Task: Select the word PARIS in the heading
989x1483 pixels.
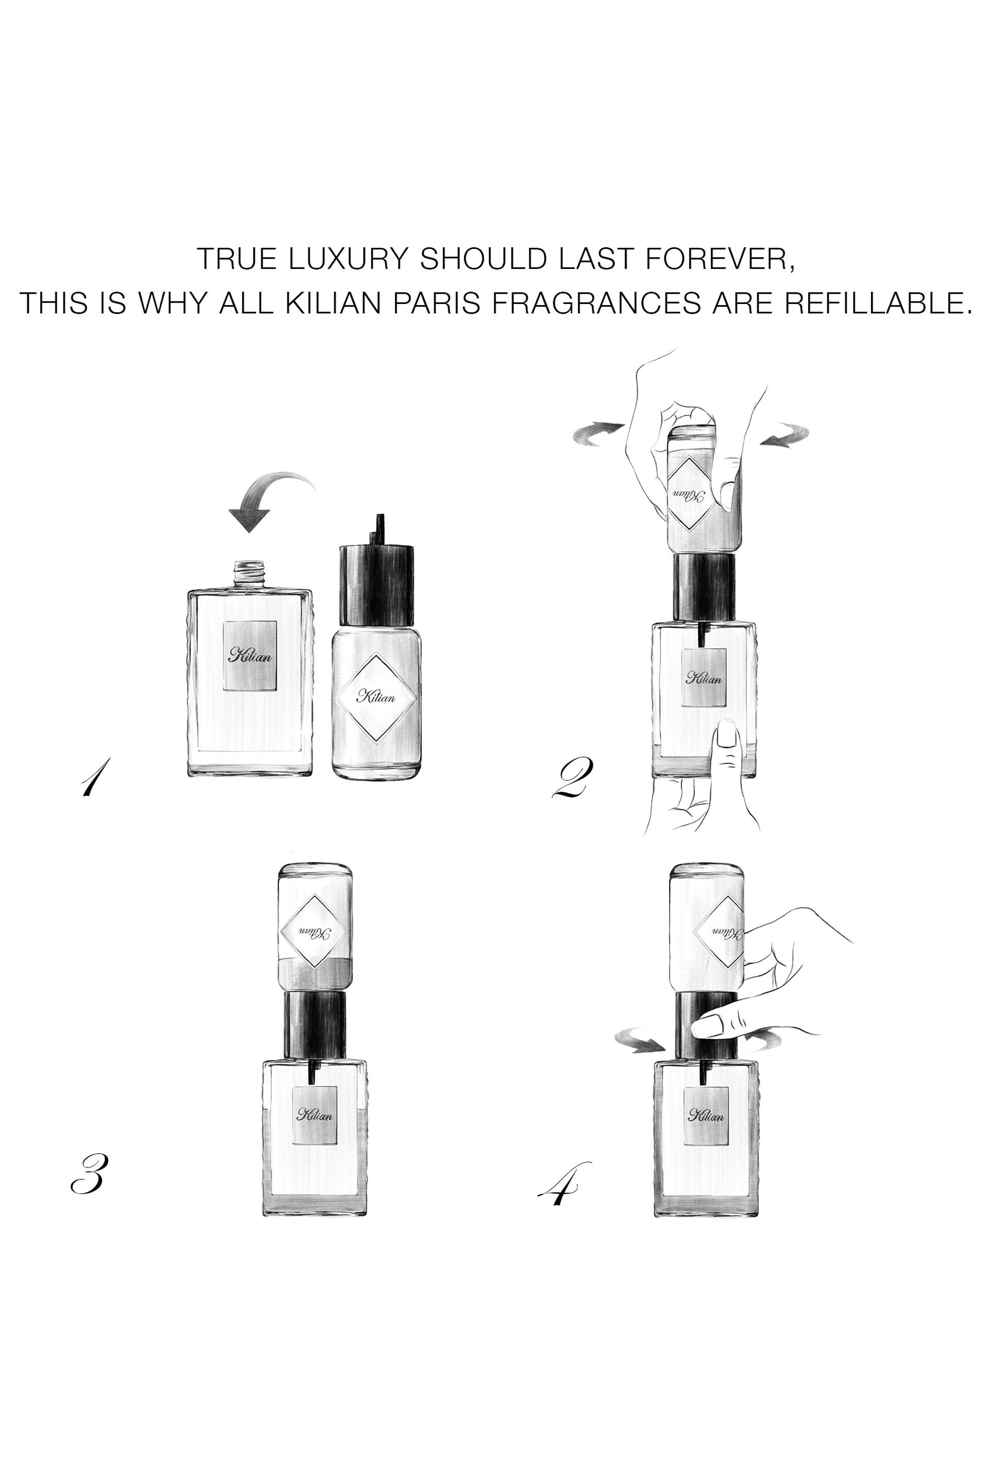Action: tap(438, 303)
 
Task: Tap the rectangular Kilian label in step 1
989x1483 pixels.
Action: tap(250, 655)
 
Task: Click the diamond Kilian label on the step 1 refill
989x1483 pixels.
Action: tap(376, 697)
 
